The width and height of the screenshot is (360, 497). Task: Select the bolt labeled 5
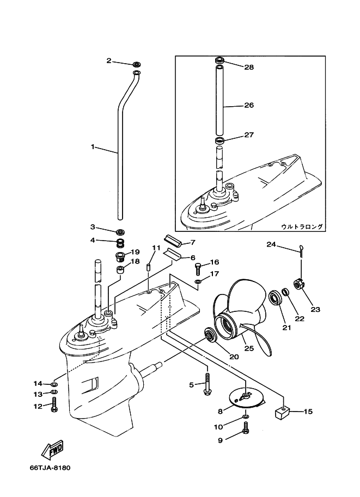[x=208, y=385]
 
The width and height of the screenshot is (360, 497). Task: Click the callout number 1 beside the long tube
[x=93, y=147]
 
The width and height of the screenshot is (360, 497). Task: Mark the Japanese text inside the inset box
[x=302, y=226]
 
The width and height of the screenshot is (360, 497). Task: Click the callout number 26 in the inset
[x=248, y=105]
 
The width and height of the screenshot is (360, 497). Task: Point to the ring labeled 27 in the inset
[x=220, y=141]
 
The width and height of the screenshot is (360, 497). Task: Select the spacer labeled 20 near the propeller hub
[x=210, y=335]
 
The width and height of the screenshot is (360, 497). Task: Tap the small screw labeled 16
[x=198, y=268]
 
